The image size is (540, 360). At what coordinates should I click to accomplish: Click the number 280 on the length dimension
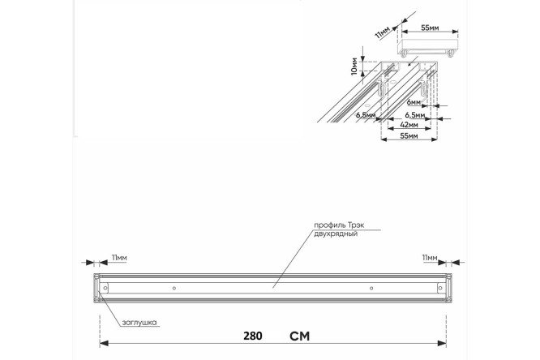(x=253, y=336)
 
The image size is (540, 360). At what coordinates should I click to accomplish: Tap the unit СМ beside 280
(x=300, y=336)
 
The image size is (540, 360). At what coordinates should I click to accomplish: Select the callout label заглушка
(x=139, y=323)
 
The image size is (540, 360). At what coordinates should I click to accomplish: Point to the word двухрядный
(x=336, y=234)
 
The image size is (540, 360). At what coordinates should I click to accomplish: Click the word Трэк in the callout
(x=355, y=225)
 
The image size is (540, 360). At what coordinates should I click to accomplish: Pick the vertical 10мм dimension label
(x=354, y=66)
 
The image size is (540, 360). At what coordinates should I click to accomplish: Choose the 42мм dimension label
(x=409, y=124)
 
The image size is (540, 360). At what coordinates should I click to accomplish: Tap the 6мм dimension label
(x=414, y=102)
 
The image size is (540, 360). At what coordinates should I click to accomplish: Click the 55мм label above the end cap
(x=430, y=28)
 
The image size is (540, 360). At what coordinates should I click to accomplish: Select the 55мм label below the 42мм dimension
(x=409, y=136)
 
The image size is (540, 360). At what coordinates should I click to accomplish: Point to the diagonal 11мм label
(x=383, y=32)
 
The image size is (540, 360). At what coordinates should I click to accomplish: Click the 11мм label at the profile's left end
(x=119, y=258)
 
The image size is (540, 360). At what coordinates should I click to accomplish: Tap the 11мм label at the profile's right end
(x=430, y=258)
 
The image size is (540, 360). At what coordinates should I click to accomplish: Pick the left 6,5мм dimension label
(x=366, y=115)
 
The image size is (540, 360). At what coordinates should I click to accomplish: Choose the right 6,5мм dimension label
(x=415, y=114)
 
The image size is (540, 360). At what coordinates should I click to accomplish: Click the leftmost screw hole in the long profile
(x=105, y=288)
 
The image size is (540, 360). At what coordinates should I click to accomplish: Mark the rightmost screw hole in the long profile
(x=439, y=288)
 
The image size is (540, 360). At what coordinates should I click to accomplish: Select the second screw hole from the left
(x=174, y=288)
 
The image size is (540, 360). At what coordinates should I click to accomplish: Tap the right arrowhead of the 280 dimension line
(x=442, y=344)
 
